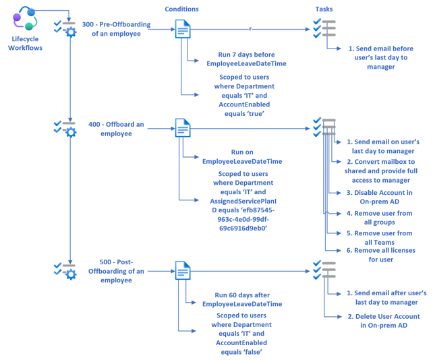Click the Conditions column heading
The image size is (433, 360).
coord(181,9)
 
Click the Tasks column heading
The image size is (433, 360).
coord(324,9)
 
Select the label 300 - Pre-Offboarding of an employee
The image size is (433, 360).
coord(116,29)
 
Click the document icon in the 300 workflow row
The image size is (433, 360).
coord(183,29)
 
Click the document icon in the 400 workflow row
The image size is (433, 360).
coord(183,128)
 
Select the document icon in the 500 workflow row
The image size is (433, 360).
coord(183,270)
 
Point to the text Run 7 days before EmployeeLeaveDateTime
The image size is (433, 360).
coord(246,59)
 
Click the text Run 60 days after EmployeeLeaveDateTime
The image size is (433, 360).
coord(246,299)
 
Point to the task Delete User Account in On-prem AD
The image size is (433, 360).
coord(382,320)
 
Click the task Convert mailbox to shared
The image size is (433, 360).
coord(381,171)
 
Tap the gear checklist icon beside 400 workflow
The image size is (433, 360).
coord(65,128)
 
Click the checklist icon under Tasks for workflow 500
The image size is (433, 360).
coord(324,270)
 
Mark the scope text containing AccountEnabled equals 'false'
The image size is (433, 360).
coord(240,333)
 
